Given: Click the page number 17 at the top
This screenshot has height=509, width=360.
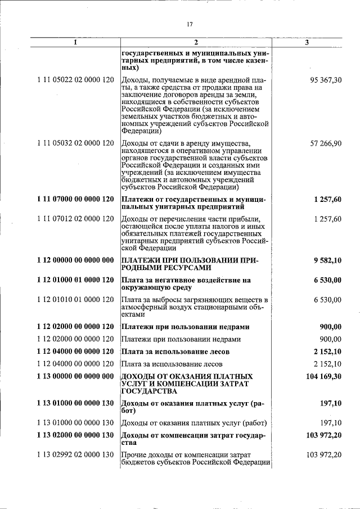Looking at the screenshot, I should click(x=189, y=24).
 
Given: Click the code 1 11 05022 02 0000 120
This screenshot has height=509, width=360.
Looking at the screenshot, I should click(x=75, y=80).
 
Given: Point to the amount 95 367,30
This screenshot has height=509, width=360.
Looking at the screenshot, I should click(x=326, y=80).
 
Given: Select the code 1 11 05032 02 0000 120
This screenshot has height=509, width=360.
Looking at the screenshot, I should click(x=75, y=143).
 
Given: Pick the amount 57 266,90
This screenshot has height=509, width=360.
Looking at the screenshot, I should click(x=326, y=143).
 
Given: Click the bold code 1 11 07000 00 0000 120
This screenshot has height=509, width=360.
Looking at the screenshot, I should click(x=75, y=199).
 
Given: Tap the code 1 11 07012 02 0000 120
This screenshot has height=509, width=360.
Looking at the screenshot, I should click(x=75, y=219).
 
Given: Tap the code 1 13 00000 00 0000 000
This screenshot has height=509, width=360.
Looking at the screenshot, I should click(x=75, y=375).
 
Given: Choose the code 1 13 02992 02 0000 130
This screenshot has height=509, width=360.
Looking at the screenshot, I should click(x=75, y=454).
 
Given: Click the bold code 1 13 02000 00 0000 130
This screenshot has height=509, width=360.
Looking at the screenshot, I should click(x=75, y=435).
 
